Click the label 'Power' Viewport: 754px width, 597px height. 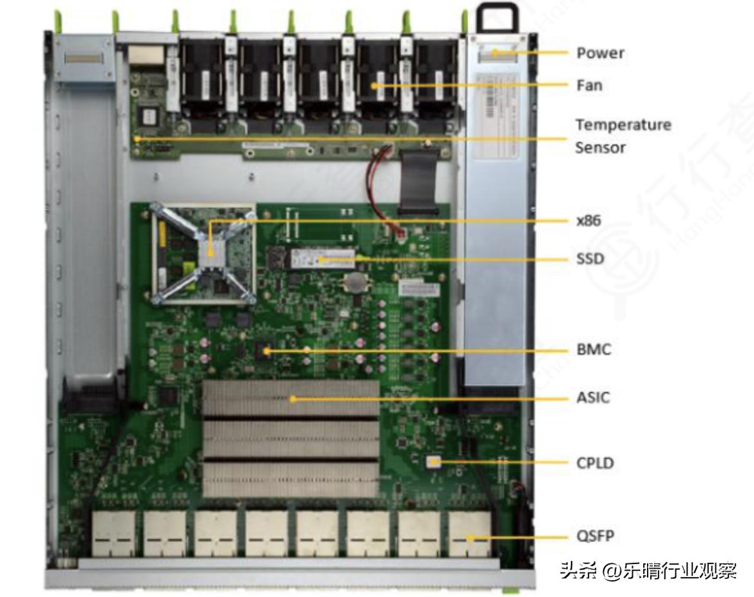(x=600, y=53)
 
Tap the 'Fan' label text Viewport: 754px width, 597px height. (x=589, y=85)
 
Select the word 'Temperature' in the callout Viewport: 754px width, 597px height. (x=623, y=124)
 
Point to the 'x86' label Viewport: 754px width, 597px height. (x=588, y=220)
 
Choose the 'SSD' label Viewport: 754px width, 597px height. (x=590, y=259)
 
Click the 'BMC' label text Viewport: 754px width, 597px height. (x=593, y=350)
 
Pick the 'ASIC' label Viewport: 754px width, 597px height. (x=593, y=398)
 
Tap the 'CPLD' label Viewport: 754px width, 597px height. (x=595, y=463)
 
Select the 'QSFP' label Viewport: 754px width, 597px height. (x=595, y=536)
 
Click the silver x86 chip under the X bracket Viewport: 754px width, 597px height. (x=209, y=253)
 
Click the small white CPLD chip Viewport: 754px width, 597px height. (x=434, y=462)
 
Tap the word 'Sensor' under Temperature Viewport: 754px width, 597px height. (x=600, y=148)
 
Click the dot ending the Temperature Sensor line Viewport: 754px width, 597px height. (x=137, y=137)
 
